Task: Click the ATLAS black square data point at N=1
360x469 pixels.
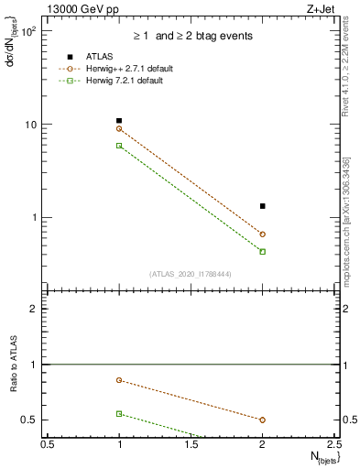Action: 119,121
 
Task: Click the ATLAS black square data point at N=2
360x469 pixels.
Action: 263,206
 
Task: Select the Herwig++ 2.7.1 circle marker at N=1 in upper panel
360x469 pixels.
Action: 119,128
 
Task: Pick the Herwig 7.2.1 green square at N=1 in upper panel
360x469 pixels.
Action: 119,146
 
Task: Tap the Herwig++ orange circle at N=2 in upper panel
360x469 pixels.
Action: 263,234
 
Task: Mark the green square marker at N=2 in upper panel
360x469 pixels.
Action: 263,251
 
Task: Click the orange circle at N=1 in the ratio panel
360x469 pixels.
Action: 119,380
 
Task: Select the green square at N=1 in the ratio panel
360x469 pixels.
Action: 119,414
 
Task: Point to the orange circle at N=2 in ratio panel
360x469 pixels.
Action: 263,420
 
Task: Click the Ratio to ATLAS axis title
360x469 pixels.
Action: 13,364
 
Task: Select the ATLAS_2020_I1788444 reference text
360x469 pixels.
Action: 191,274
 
